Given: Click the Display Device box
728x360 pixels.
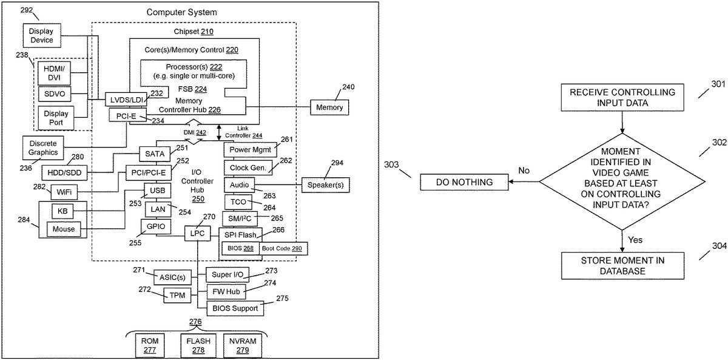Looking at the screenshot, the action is (x=42, y=35).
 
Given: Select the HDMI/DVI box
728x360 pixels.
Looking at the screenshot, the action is (x=54, y=73).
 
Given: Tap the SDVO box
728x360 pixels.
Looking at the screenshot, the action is (x=54, y=94).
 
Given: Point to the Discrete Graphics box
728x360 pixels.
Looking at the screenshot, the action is (x=43, y=148).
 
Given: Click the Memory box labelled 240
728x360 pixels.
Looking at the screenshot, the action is (x=329, y=107).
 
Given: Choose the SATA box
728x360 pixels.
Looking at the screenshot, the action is (x=155, y=154).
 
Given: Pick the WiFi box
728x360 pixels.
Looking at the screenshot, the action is (x=64, y=192).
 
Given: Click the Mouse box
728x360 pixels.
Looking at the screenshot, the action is (x=63, y=229).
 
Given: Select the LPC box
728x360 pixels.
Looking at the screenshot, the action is (x=197, y=234).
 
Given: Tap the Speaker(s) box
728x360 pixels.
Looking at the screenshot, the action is (x=325, y=185).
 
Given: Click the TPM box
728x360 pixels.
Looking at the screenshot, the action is (x=177, y=295).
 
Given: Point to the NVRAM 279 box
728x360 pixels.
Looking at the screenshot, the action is (x=243, y=345).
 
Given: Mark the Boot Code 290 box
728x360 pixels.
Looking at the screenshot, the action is (x=282, y=248).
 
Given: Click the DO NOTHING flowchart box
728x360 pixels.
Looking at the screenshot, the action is (x=464, y=182).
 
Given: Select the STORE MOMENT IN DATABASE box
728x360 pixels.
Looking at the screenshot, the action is (x=622, y=266).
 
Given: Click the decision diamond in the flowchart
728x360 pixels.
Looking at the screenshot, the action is (x=622, y=182).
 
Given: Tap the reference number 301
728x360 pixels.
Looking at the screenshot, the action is (x=718, y=84).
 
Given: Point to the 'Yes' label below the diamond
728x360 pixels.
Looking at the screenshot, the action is (x=635, y=240).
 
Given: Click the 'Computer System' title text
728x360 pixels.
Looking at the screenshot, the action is (x=181, y=12).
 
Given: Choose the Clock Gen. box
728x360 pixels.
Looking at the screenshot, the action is (x=248, y=168).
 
